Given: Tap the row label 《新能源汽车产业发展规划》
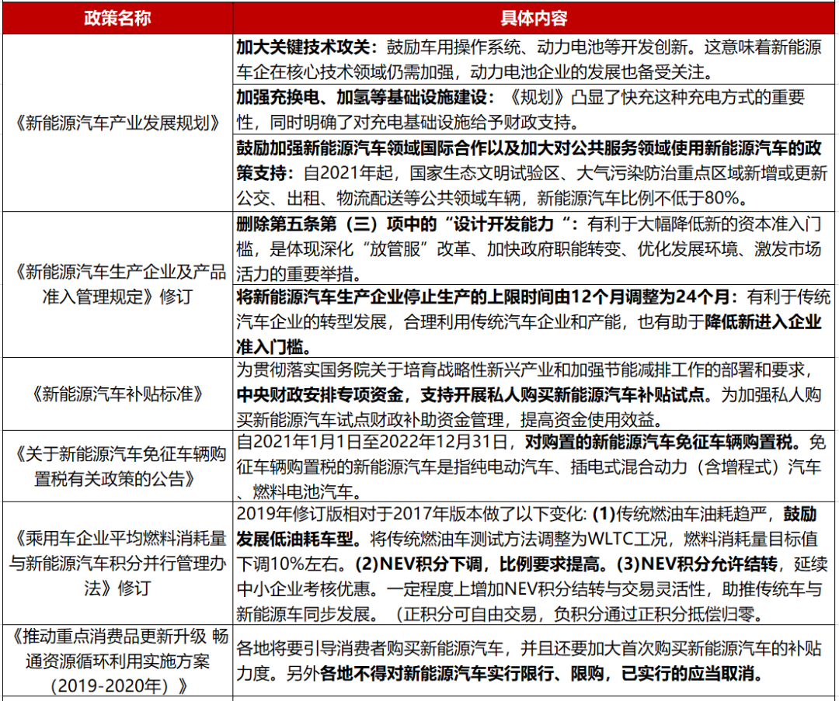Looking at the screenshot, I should (117, 122).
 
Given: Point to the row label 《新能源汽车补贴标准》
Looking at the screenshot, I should (117, 394).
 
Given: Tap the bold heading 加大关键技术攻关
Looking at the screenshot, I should (305, 47).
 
